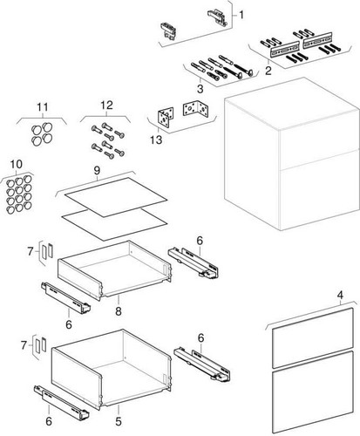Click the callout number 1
click(x=241, y=15)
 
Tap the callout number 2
click(x=268, y=71)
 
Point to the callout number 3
click(x=200, y=89)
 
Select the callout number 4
click(x=340, y=296)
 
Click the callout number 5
click(x=119, y=421)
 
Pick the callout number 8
click(x=119, y=311)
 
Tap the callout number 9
click(x=97, y=171)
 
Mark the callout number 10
click(x=17, y=164)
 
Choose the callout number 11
click(x=43, y=107)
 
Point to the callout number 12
click(x=106, y=106)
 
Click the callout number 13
click(x=156, y=140)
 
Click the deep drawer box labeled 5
click(x=112, y=369)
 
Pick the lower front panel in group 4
click(x=314, y=392)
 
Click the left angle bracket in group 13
click(x=166, y=119)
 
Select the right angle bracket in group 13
click(x=196, y=108)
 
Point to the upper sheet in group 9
click(x=116, y=197)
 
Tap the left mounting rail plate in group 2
click(x=285, y=49)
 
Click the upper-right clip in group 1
click(x=217, y=17)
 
